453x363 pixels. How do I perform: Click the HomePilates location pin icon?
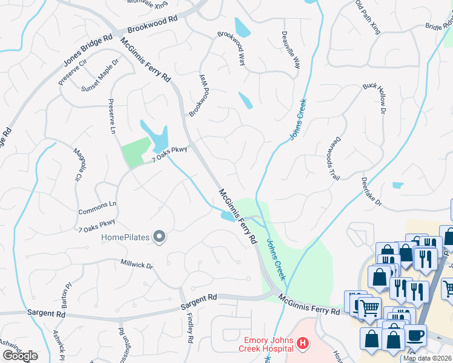159,237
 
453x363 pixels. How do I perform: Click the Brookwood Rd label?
152,24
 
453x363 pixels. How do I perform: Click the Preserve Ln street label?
111,116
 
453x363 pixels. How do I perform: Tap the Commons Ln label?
97,208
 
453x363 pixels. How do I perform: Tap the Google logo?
20,356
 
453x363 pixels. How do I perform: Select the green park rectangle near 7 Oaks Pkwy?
136,152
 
